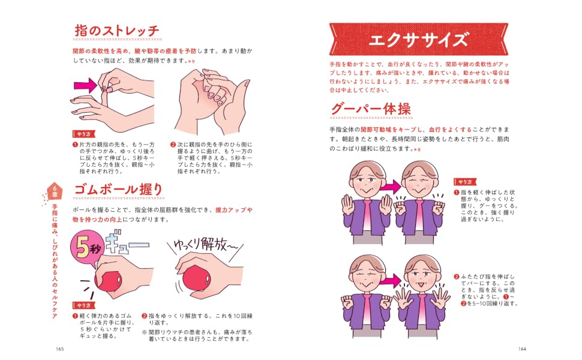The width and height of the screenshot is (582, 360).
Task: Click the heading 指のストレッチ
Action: pyautogui.click(x=117, y=31)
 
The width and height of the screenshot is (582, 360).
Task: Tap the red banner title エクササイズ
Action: pyautogui.click(x=418, y=40)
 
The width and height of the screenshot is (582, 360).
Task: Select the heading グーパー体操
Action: pyautogui.click(x=371, y=109)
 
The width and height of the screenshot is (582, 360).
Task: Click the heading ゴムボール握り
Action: pyautogui.click(x=118, y=189)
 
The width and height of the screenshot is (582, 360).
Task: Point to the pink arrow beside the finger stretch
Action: pyautogui.click(x=85, y=86)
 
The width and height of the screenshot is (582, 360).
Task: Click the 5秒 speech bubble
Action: pyautogui.click(x=86, y=248)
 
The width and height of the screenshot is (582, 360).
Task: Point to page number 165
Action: pyautogui.click(x=60, y=349)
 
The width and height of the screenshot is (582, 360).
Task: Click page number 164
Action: pyautogui.click(x=522, y=349)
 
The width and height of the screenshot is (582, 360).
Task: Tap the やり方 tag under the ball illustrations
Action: pyautogui.click(x=84, y=305)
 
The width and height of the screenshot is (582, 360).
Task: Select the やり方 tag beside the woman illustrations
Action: pyautogui.click(x=465, y=182)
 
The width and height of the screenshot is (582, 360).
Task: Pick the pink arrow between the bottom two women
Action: pyautogui.click(x=391, y=281)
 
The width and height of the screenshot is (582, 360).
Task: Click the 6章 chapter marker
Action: pyautogui.click(x=55, y=191)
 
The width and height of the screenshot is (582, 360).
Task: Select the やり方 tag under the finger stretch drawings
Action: pyautogui.click(x=84, y=134)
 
